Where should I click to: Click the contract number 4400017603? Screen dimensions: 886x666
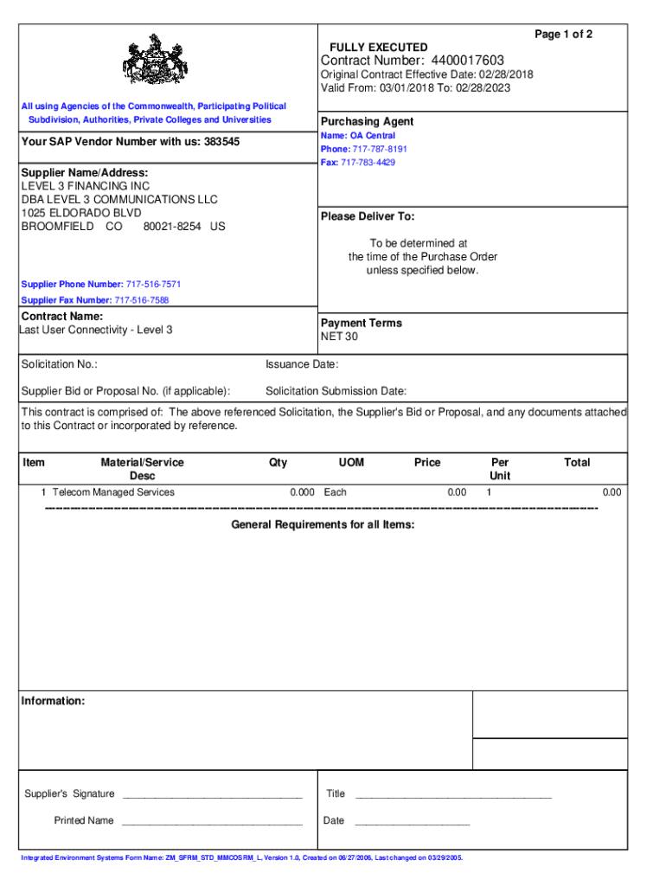(x=464, y=60)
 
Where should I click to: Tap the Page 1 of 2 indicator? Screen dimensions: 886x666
(x=563, y=34)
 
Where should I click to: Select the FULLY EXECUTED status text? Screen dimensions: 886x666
(x=378, y=47)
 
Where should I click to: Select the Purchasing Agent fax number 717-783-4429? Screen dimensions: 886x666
(x=368, y=163)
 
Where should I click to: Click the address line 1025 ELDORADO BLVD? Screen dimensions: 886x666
(x=81, y=213)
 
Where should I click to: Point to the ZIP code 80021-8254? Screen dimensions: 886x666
(x=169, y=227)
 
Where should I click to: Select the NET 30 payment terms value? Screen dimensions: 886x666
(x=339, y=337)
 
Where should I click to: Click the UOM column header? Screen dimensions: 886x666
(x=351, y=463)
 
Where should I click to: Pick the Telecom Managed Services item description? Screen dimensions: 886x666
(x=113, y=492)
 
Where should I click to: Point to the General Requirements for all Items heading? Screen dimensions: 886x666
(x=323, y=525)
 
